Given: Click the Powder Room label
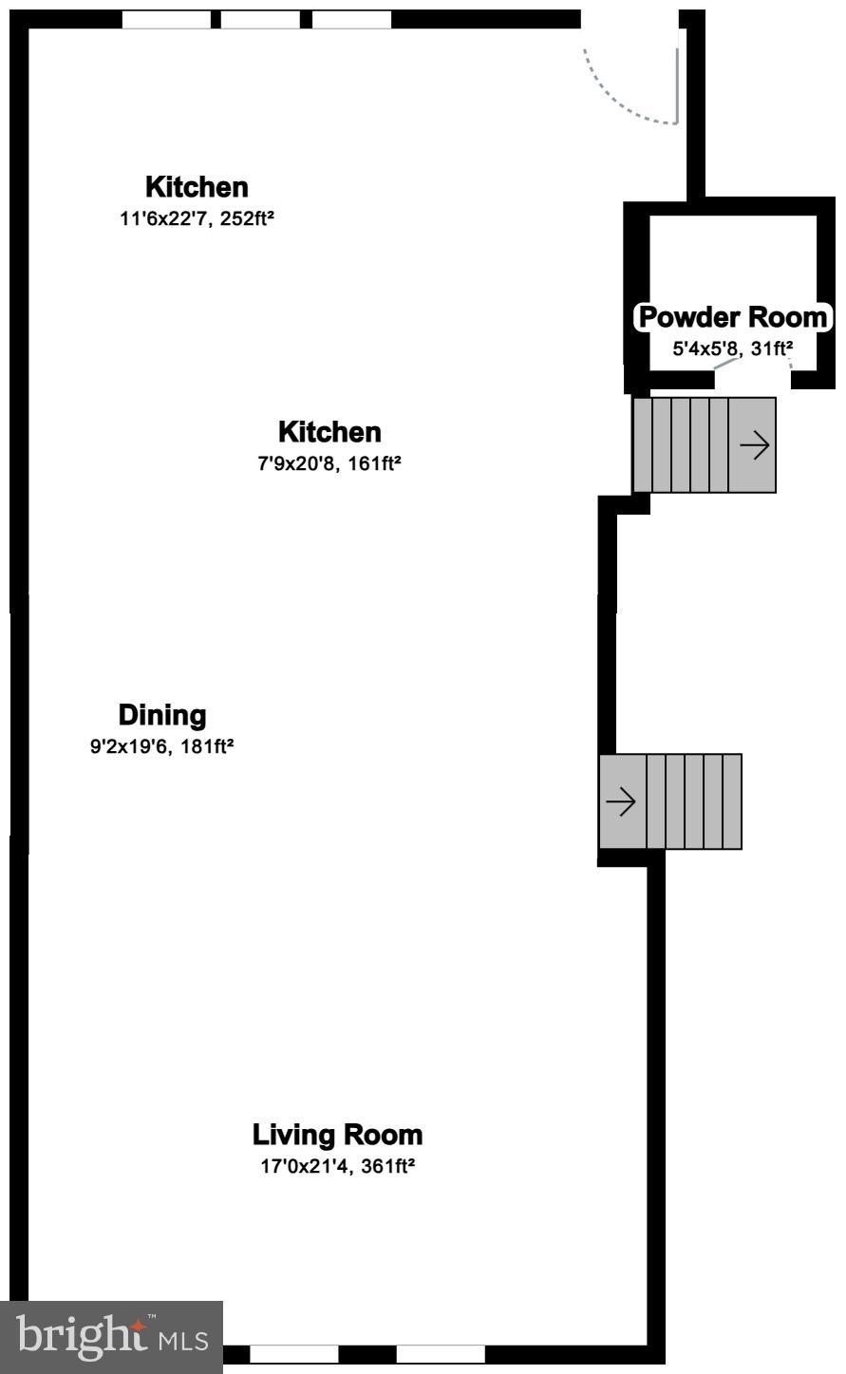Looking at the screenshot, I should click(733, 317).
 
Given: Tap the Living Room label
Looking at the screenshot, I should click(337, 1135).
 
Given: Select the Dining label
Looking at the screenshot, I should click(161, 715).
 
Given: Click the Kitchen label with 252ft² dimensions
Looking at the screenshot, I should click(197, 187).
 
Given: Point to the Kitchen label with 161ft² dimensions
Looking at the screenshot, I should click(329, 432).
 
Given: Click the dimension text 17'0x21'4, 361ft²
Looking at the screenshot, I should click(337, 1166).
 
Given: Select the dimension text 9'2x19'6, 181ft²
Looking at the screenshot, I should click(161, 746).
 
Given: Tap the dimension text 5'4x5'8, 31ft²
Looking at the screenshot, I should click(732, 348).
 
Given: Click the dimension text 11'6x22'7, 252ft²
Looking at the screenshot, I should click(197, 218).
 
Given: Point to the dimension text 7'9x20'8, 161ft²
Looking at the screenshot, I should click(329, 463).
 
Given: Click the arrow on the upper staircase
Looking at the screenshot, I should click(754, 445).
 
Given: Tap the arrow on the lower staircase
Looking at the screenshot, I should click(621, 801).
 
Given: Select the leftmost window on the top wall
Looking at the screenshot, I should click(167, 20).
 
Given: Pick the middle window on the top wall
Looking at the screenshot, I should click(260, 20).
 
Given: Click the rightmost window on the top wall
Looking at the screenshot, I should click(351, 20).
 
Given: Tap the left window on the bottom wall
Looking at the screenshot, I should click(293, 1354).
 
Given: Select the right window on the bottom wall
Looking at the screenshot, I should click(441, 1354).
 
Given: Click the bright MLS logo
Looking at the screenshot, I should click(111, 1337).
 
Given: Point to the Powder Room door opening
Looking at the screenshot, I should click(753, 379).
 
